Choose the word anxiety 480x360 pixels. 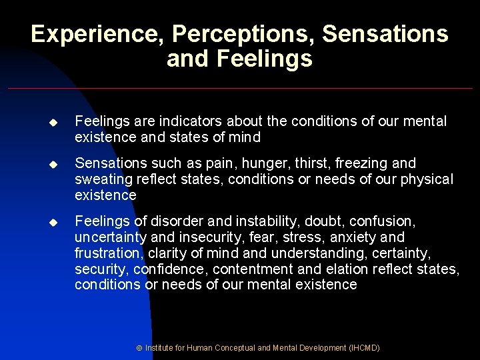coord(353,237)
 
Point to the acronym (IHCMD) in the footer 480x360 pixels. coord(364,347)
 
